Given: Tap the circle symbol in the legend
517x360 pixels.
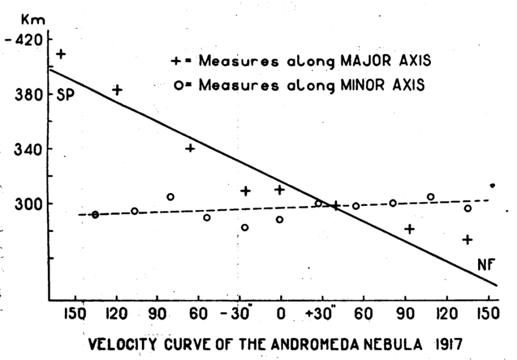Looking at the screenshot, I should click(177, 85).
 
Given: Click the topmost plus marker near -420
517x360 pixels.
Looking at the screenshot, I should click(61, 54).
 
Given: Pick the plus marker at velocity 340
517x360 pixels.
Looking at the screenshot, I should click(190, 148).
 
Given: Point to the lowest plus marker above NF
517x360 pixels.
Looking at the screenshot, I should click(467, 239).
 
